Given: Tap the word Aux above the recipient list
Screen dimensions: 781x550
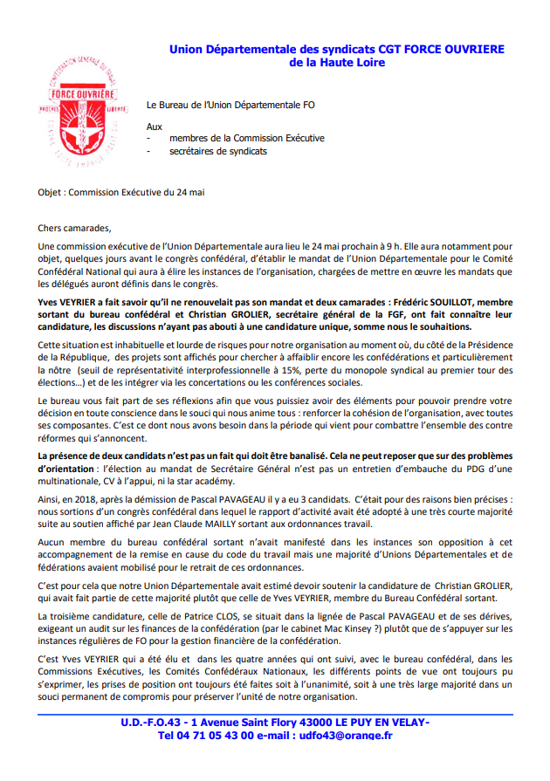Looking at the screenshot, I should point(154,127).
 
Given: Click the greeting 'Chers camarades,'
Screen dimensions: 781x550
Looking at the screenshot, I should point(75,229).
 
